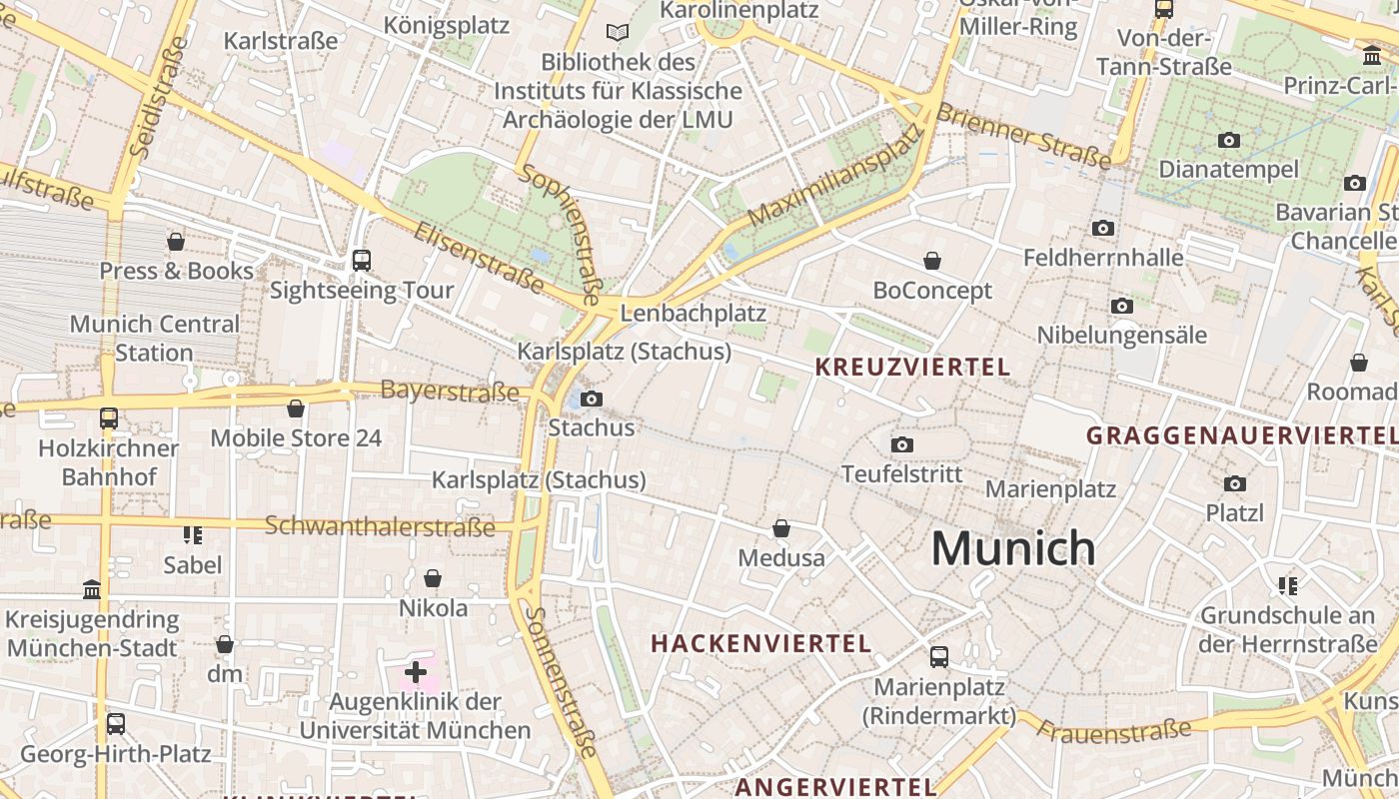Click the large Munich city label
1013,548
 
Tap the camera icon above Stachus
592,399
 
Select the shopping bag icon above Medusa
781,528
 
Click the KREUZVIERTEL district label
912,367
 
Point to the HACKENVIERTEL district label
761,643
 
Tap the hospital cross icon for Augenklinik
416,672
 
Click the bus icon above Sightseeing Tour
362,261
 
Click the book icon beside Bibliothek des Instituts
619,33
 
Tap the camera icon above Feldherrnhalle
1103,229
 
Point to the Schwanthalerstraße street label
380,525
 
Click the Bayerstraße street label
450,391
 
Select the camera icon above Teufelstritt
902,444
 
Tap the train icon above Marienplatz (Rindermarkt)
939,657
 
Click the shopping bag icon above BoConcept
932,261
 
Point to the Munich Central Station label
154,338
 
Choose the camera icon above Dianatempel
1229,140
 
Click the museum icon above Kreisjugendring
92,590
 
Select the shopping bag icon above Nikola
433,578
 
